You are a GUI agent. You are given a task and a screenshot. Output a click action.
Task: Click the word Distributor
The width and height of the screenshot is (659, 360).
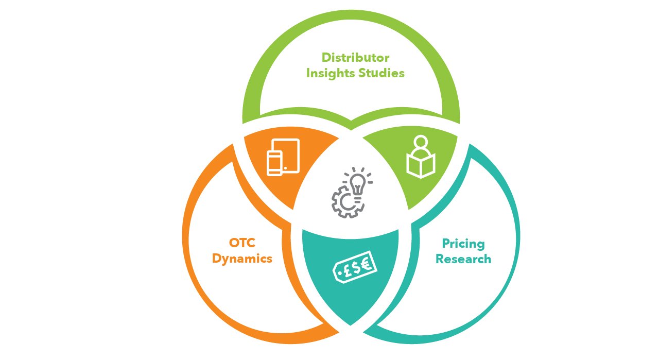[355, 57]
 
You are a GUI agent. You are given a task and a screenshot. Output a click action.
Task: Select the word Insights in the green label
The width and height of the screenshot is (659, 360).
[329, 73]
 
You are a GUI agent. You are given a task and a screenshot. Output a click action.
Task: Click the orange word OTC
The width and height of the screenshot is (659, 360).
[242, 243]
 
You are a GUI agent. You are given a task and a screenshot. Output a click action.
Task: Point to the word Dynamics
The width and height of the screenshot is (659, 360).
[242, 259]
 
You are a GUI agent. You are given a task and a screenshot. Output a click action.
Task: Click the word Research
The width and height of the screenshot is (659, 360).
[463, 259]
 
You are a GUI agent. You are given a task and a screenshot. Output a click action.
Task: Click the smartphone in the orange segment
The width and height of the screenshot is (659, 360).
[275, 162]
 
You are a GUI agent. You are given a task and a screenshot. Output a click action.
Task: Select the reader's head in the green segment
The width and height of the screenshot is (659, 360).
[421, 142]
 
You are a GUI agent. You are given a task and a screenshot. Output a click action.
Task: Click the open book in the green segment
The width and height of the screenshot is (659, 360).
[421, 165]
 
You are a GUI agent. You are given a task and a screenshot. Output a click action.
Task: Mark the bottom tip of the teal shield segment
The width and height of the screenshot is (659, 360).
[350, 324]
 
